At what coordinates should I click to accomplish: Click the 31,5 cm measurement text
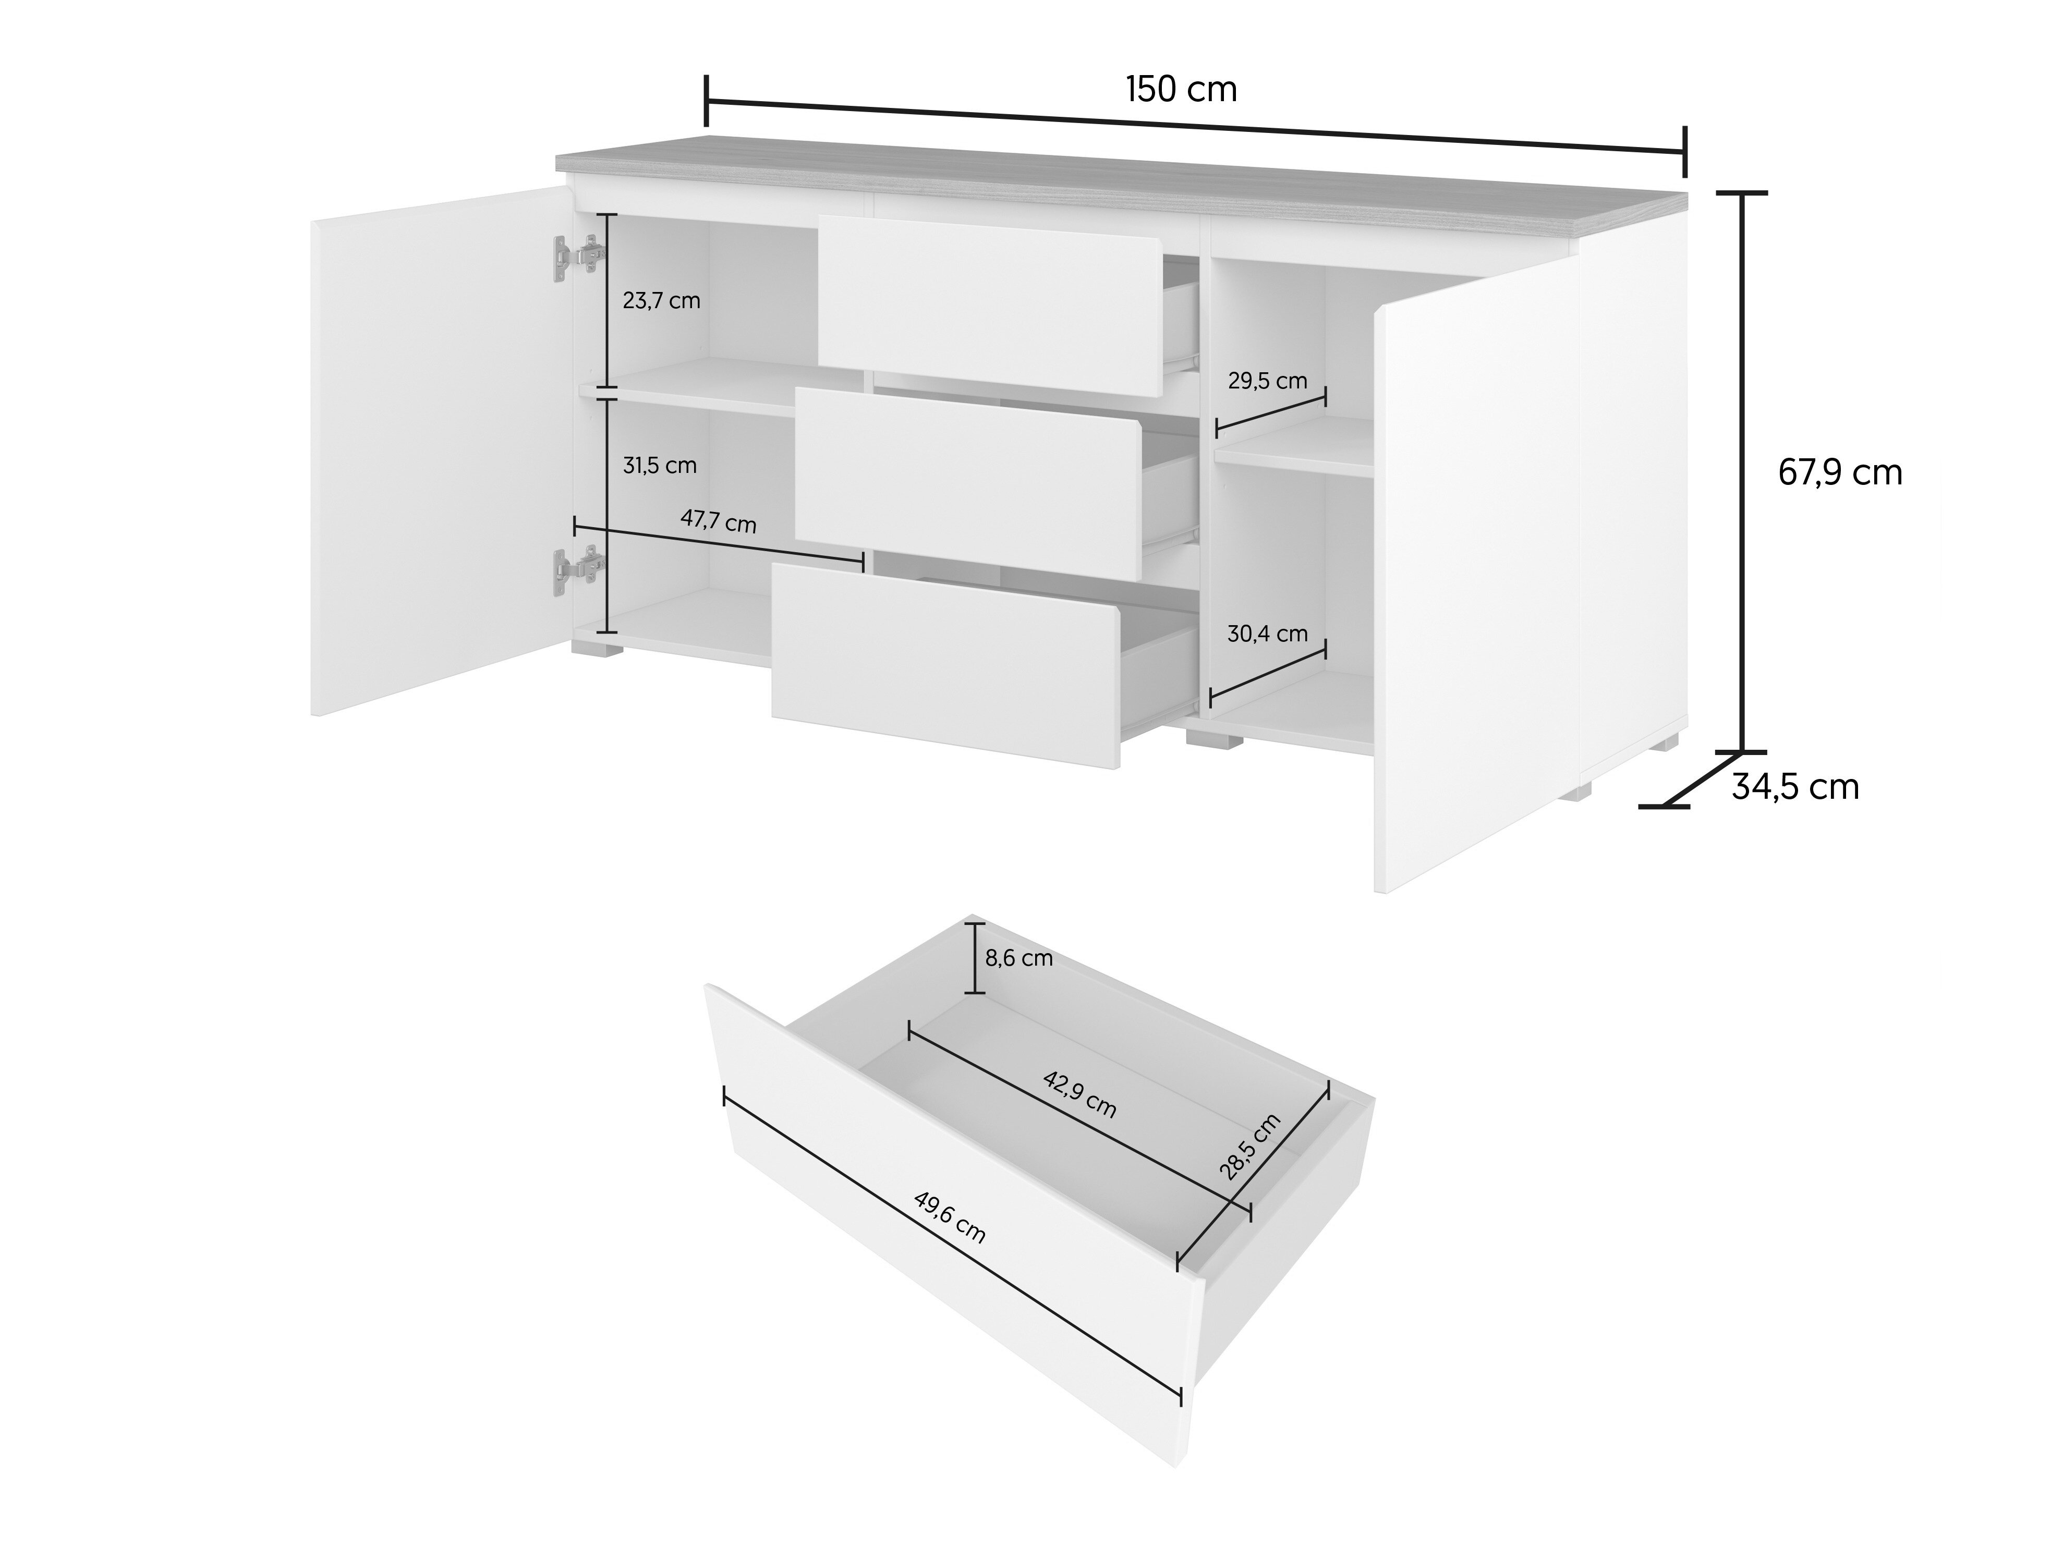pyautogui.click(x=659, y=465)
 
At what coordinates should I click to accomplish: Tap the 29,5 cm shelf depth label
pyautogui.click(x=1267, y=381)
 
